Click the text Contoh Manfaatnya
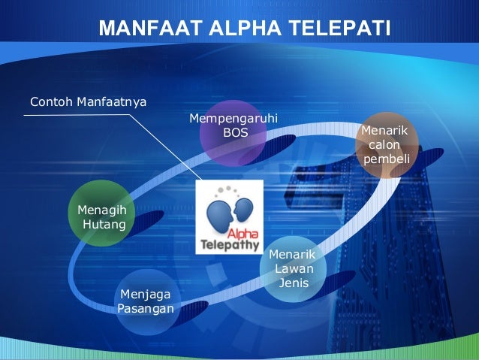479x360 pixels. pos(88,101)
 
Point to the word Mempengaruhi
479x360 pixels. pos(233,119)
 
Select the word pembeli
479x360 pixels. pos(385,159)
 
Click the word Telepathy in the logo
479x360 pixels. pos(228,244)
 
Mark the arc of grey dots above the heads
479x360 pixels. pos(228,190)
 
